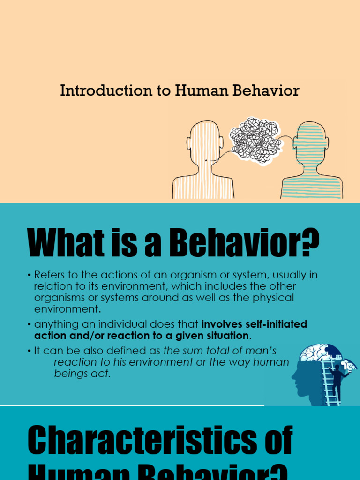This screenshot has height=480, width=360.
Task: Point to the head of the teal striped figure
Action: point(310,141)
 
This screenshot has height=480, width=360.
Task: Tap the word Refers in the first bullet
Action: point(50,275)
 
